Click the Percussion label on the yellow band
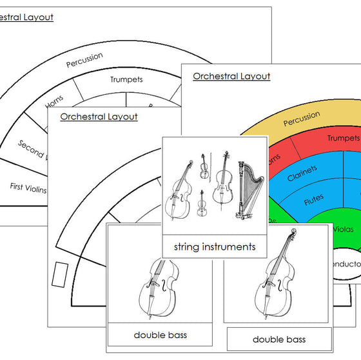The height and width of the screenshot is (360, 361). tap(301, 119)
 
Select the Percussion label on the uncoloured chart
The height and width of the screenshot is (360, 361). tap(84, 60)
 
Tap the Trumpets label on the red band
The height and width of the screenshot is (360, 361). tap(342, 138)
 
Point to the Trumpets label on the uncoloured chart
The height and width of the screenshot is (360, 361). tap(126, 79)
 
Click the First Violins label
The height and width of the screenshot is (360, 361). tap(28, 187)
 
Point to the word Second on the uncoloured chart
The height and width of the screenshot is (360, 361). tap(30, 149)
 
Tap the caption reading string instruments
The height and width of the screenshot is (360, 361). tap(215, 246)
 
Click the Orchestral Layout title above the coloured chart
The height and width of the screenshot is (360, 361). tap(231, 76)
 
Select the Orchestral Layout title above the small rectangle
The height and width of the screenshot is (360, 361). tap(99, 117)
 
